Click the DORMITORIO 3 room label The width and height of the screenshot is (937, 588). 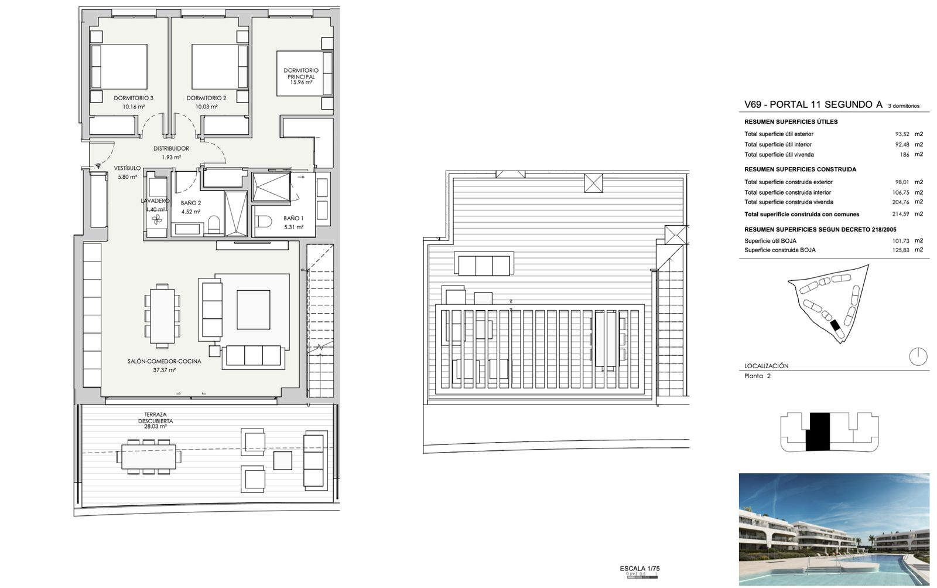[134, 98]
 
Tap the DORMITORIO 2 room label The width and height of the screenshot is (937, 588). [206, 98]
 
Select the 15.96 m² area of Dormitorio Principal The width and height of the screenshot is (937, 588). [301, 83]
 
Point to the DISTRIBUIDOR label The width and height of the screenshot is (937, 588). [171, 148]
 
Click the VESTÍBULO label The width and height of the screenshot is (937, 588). [127, 168]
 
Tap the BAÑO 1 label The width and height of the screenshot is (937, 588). [293, 218]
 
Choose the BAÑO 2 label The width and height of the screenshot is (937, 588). [191, 203]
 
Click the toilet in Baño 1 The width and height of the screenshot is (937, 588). [263, 221]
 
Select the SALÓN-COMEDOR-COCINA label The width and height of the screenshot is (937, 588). [165, 361]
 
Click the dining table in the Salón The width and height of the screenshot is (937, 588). [162, 316]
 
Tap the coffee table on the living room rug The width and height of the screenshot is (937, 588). [253, 310]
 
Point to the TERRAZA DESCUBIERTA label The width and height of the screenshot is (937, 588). [156, 417]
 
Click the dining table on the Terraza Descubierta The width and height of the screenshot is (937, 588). [149, 457]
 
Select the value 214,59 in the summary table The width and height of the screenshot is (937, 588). [901, 214]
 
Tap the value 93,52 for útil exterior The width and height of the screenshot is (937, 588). [902, 134]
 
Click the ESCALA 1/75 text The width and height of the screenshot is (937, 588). [640, 568]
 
